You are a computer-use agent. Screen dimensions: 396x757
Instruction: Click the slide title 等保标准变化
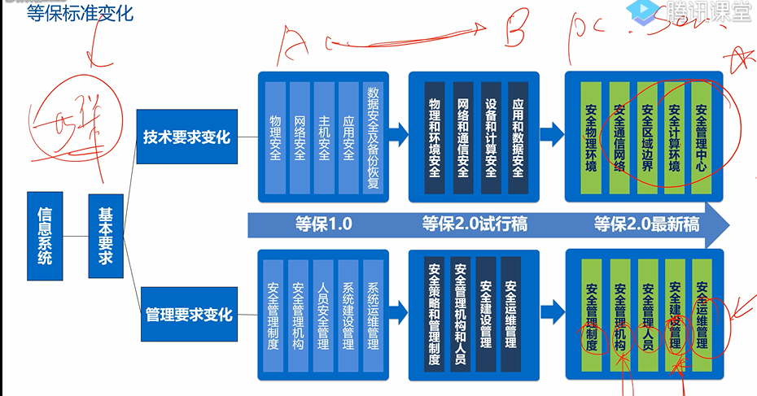[79, 13]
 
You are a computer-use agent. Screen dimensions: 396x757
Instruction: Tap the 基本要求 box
[106, 235]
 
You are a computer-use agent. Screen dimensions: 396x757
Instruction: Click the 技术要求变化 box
[187, 137]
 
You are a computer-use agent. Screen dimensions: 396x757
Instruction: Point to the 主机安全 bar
[324, 137]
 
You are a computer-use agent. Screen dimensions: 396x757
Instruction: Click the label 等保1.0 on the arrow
[323, 224]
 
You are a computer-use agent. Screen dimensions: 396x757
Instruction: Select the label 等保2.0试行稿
[475, 224]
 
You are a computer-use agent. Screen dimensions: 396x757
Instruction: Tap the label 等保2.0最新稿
[647, 224]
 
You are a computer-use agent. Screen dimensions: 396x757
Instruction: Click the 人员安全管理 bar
[324, 315]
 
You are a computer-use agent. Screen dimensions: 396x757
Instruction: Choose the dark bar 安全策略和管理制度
[435, 315]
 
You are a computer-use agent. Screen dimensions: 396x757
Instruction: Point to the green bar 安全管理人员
[647, 315]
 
